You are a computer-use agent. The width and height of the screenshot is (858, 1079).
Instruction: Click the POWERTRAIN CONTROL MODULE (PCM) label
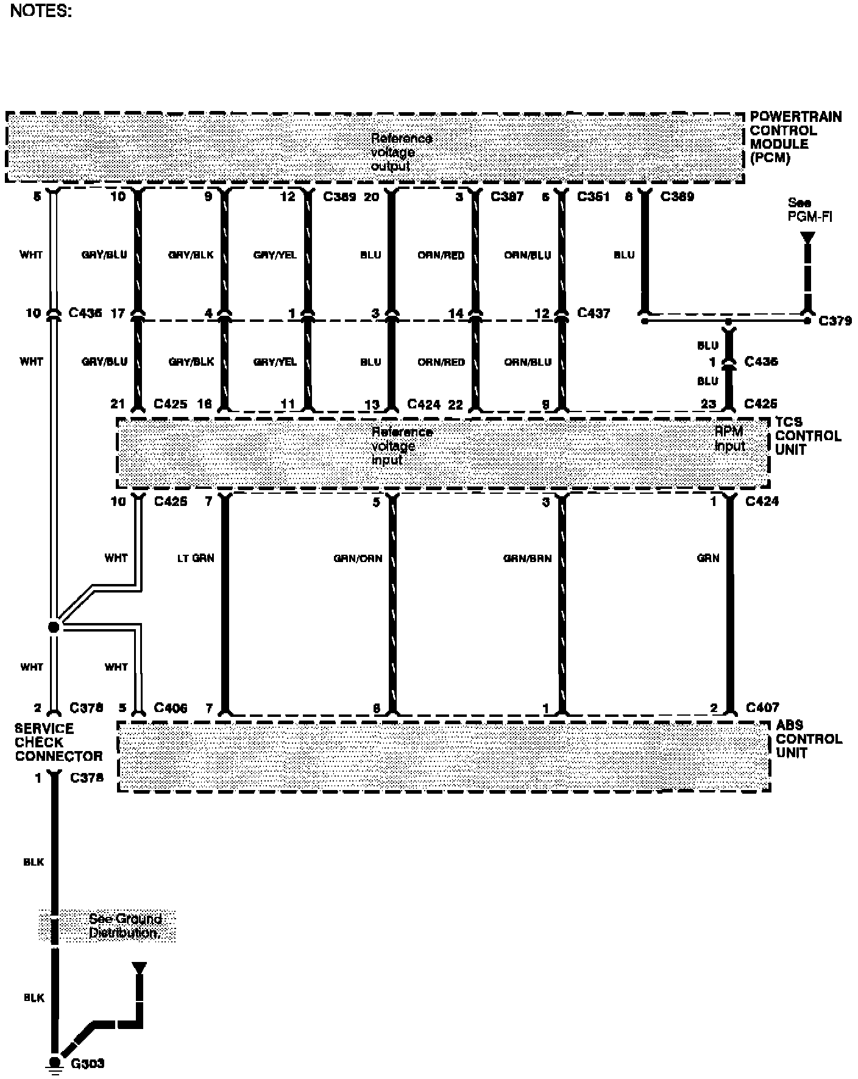795,137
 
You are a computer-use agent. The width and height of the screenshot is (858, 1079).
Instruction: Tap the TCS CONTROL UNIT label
807,436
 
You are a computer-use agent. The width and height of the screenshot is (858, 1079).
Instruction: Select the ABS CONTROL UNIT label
808,739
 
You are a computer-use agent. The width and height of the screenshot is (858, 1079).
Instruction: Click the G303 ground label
88,1064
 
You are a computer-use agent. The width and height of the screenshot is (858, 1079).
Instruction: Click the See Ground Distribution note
125,926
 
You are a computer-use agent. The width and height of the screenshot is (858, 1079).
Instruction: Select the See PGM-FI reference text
809,210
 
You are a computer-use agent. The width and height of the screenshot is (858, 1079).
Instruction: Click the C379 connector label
835,321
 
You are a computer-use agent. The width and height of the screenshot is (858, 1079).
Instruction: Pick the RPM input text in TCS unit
729,439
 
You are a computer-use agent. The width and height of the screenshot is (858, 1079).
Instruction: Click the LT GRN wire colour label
195,558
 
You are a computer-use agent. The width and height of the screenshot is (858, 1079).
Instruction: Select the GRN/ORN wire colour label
358,558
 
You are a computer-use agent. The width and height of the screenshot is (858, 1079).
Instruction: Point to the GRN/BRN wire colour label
527,558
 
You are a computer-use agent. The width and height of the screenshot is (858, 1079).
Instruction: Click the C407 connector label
762,708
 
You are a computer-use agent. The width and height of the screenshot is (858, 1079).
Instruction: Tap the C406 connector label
171,708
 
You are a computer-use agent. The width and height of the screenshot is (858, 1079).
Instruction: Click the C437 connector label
593,313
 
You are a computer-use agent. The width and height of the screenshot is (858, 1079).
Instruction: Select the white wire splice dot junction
54,627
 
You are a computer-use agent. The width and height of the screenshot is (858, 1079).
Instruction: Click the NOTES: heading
41,12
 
